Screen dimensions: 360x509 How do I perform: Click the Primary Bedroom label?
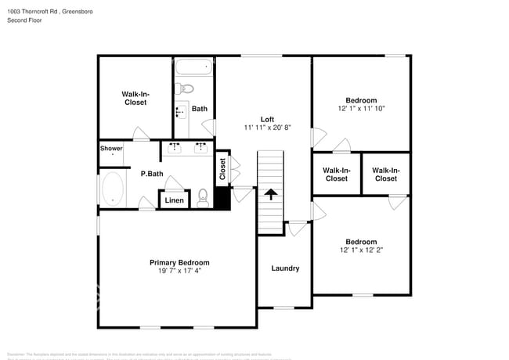pyautogui.click(x=179, y=262)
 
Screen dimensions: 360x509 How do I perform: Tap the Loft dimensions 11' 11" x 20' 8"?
pyautogui.click(x=267, y=128)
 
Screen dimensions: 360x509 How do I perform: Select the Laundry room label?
pyautogui.click(x=285, y=268)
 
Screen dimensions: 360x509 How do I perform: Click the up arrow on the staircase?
pyautogui.click(x=271, y=194)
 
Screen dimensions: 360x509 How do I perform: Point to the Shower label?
pyautogui.click(x=111, y=148)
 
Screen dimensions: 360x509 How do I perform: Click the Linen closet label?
pyautogui.click(x=175, y=201)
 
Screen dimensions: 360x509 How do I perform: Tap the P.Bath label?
pyautogui.click(x=152, y=174)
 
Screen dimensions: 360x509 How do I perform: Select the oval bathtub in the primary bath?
pyautogui.click(x=113, y=189)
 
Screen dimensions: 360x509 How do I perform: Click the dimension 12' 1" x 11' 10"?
pyautogui.click(x=361, y=109)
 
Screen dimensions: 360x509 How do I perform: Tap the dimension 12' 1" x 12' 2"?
pyautogui.click(x=361, y=250)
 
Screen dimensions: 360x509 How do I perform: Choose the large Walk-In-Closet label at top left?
pyautogui.click(x=135, y=98)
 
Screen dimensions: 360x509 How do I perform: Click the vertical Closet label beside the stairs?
pyautogui.click(x=222, y=169)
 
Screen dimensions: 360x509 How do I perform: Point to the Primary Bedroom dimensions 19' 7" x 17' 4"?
pyautogui.click(x=179, y=272)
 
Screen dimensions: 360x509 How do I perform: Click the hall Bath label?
pyautogui.click(x=200, y=109)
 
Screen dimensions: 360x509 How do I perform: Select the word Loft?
pyautogui.click(x=267, y=119)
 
